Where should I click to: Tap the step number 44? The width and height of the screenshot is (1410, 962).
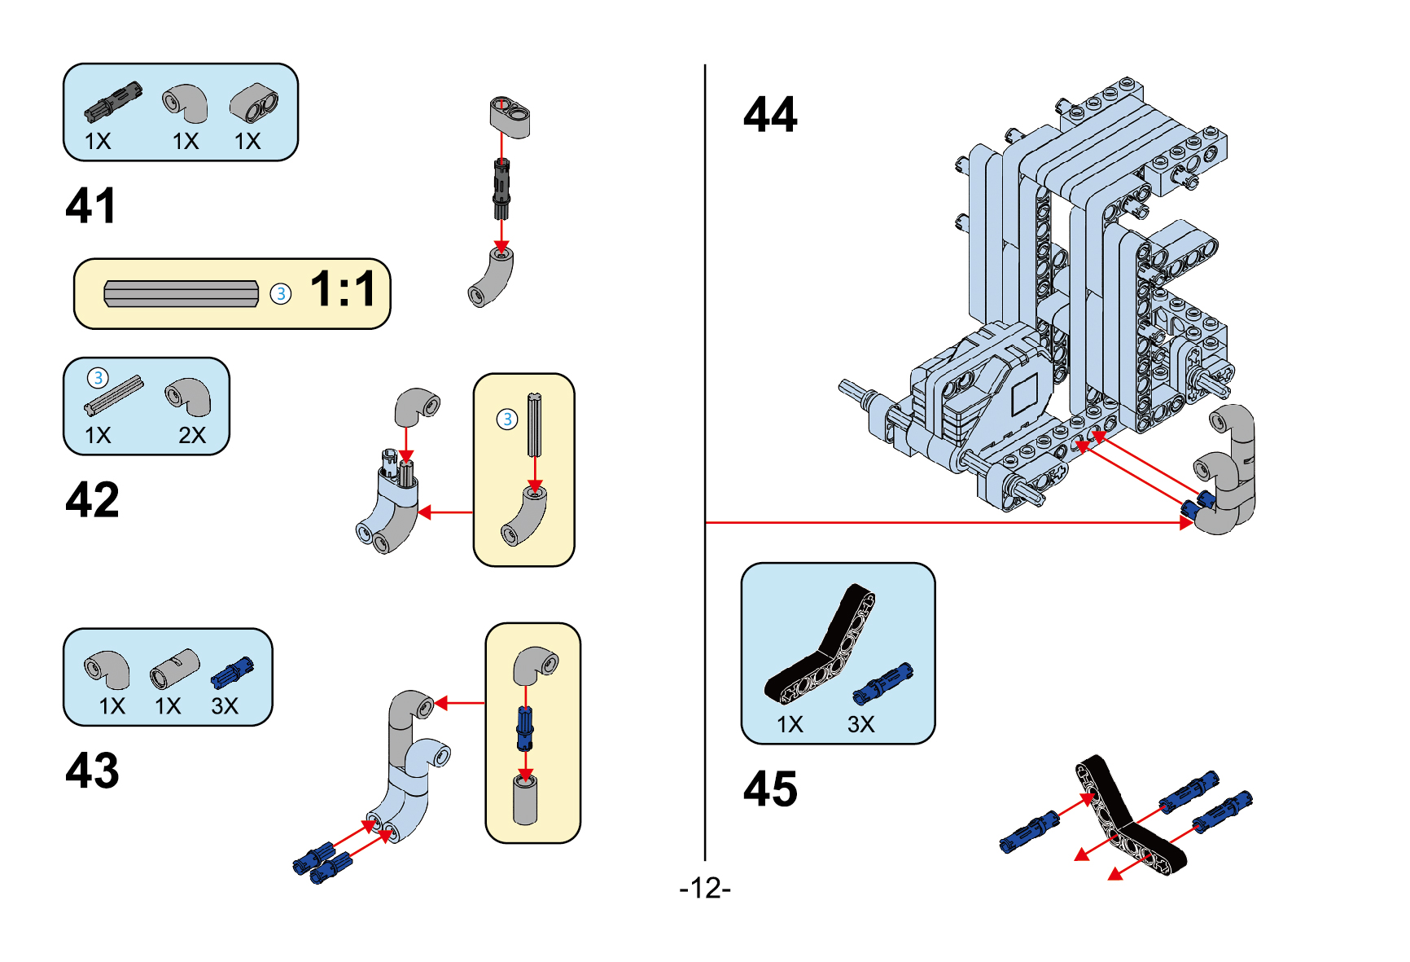(x=769, y=114)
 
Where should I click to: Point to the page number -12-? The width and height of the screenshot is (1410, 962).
(x=705, y=888)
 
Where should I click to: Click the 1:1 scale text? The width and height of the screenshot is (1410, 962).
(x=344, y=289)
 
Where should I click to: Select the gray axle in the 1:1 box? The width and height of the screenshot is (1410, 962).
(x=181, y=294)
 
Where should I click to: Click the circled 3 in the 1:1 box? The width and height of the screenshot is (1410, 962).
(x=280, y=294)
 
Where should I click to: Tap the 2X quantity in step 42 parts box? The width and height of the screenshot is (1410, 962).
(x=192, y=435)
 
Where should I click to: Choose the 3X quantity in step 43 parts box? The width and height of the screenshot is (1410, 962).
(x=225, y=705)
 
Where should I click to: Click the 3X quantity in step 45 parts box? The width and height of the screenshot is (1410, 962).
(x=860, y=724)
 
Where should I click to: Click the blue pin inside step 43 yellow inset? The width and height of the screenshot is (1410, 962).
(x=526, y=728)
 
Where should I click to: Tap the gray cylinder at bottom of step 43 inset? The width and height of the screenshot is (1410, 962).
(x=525, y=800)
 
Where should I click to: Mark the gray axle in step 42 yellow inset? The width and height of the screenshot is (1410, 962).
(x=534, y=425)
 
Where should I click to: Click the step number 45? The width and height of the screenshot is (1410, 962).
(x=769, y=788)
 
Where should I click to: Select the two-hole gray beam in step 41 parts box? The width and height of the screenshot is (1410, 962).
(x=254, y=103)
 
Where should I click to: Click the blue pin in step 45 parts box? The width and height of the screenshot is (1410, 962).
(x=883, y=683)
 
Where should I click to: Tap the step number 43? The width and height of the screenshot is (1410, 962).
(x=92, y=770)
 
